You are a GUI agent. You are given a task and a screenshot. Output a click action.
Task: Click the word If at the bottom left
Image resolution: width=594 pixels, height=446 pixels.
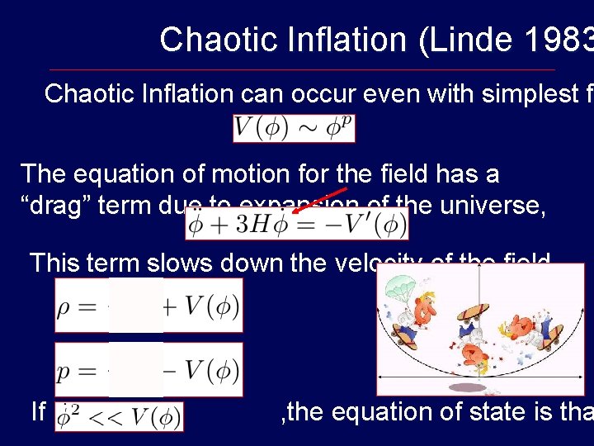click(37, 410)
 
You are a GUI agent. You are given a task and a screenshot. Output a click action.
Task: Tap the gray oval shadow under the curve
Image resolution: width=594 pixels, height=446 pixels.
click(468, 387)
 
